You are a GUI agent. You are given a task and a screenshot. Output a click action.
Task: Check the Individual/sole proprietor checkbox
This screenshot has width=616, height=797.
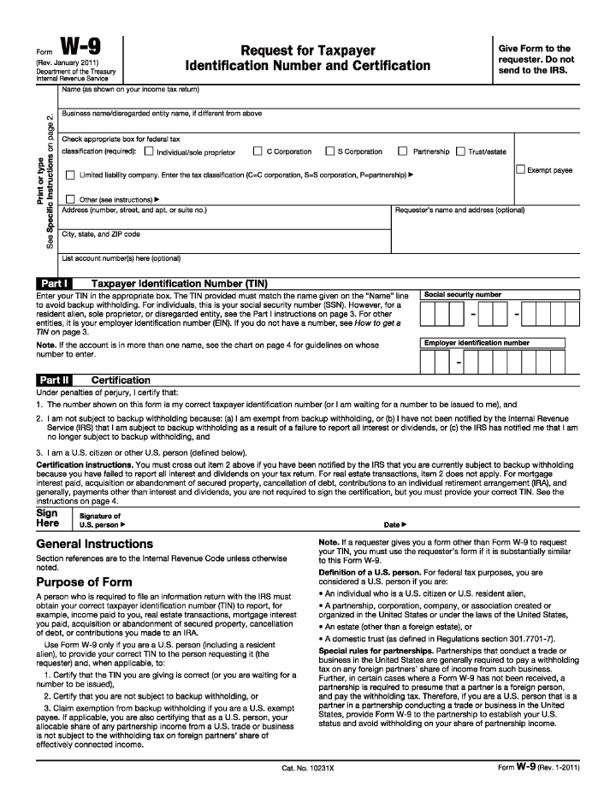[149, 152]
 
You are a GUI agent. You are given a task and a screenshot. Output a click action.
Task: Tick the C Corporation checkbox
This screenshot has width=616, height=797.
[258, 151]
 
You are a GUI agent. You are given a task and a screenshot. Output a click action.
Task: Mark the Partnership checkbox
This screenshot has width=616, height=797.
[403, 151]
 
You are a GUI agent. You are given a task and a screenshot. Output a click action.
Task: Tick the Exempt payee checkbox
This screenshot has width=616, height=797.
[520, 169]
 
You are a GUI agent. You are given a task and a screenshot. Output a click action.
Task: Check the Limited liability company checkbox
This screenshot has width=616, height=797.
[70, 174]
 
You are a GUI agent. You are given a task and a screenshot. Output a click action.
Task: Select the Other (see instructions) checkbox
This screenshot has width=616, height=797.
[70, 198]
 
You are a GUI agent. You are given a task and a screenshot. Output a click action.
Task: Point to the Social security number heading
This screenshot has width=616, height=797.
[463, 294]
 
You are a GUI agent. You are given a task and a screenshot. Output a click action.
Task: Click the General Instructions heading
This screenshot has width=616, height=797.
[94, 544]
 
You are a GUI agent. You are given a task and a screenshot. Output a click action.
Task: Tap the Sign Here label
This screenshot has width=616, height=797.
[48, 519]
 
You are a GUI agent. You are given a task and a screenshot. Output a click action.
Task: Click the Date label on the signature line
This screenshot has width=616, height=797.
[394, 524]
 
